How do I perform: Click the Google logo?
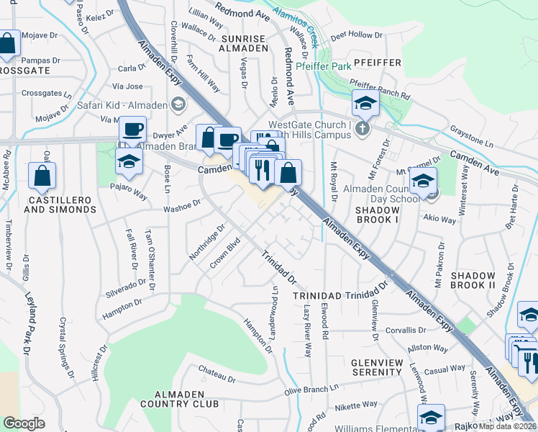pyautogui.click(x=24, y=423)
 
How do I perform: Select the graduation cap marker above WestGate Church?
pyautogui.click(x=365, y=104)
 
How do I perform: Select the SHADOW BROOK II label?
pyautogui.click(x=473, y=281)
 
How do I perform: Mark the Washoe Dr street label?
pyautogui.click(x=181, y=207)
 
